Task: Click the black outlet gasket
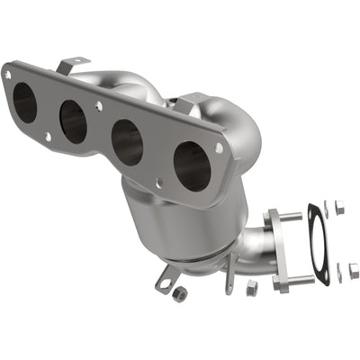pos(318,242)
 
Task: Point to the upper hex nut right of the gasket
pos(339,208)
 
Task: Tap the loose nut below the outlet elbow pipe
pos(251,286)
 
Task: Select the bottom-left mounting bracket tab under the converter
pos(164,282)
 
